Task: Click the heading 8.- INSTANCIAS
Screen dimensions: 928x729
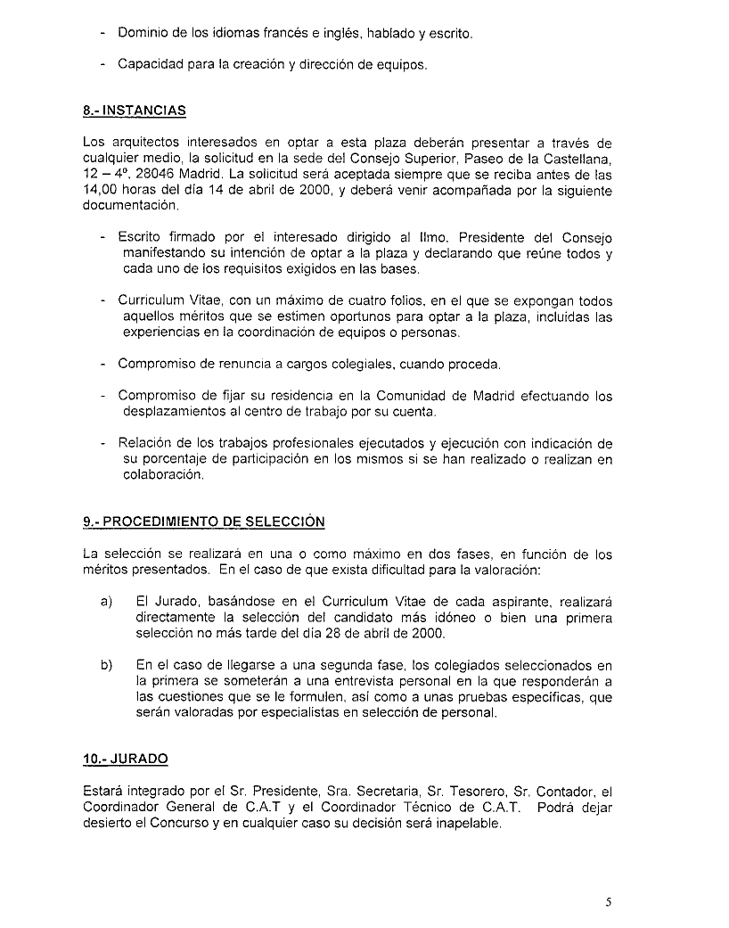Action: (134, 111)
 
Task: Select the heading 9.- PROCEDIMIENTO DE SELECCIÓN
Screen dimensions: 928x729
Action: (203, 522)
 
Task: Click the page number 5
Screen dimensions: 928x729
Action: (609, 901)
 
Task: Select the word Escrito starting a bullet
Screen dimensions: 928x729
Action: (140, 238)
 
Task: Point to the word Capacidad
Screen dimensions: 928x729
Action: (150, 65)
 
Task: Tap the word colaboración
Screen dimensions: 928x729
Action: (163, 475)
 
